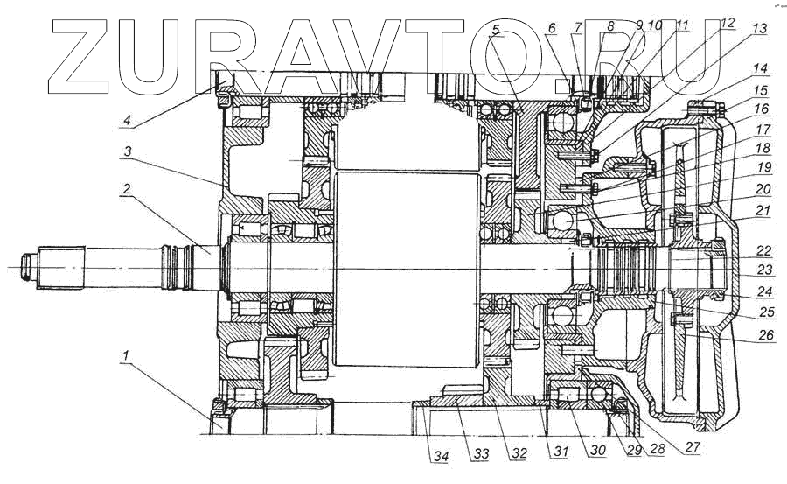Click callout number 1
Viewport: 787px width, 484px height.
(x=129, y=356)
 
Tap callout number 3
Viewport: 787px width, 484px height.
(x=129, y=151)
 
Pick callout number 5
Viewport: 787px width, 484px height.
(x=496, y=31)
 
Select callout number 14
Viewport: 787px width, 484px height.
(x=760, y=67)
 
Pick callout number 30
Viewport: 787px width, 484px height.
(x=573, y=451)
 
